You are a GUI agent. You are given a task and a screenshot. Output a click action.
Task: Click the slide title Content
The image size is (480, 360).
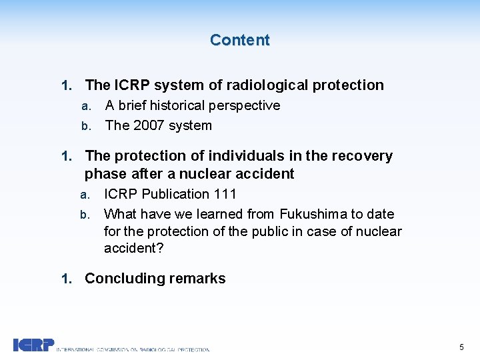[x=239, y=40]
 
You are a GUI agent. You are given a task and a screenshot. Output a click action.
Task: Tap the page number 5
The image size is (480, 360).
[x=461, y=347]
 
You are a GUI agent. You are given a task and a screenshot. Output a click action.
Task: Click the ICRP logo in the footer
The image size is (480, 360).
[x=33, y=345]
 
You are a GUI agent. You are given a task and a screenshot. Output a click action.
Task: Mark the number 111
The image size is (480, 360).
[x=225, y=194]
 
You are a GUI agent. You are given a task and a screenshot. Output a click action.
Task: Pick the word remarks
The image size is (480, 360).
[x=198, y=279]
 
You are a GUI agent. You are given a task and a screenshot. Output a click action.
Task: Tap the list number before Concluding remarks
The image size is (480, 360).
[x=65, y=279]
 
